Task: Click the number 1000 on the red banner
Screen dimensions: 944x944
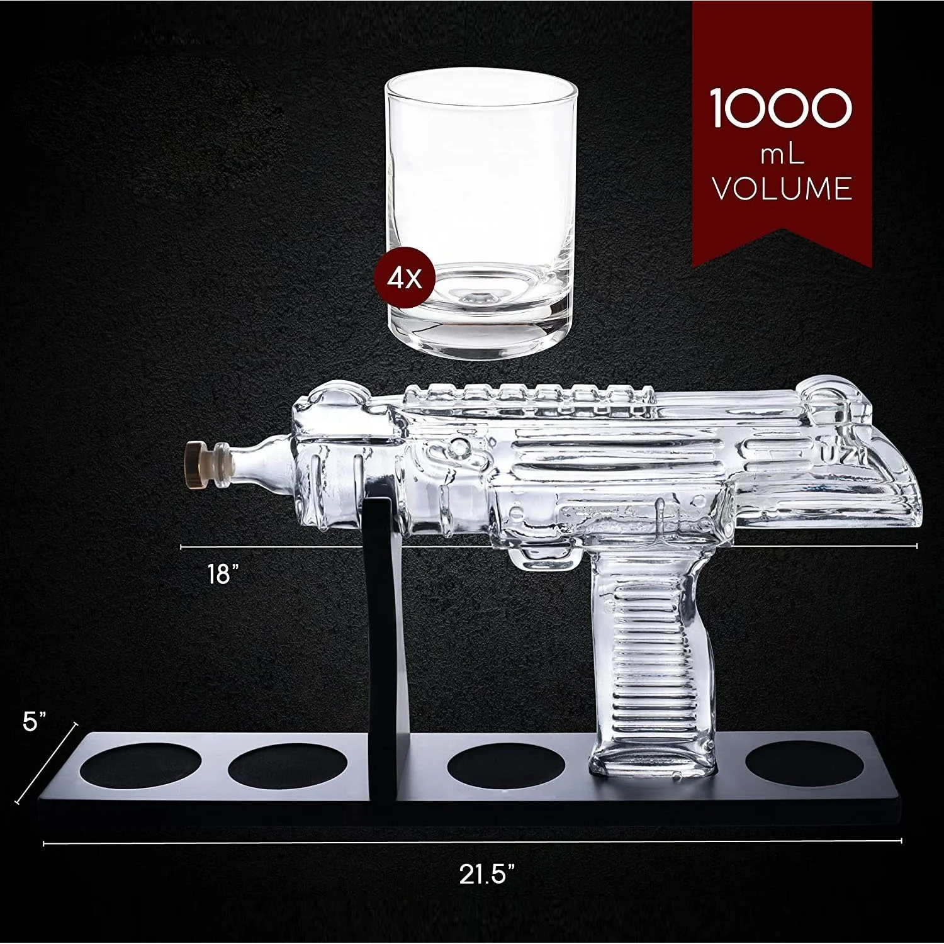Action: tap(781, 108)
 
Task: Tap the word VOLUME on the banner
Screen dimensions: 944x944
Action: tap(782, 188)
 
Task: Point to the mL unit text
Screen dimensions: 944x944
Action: tap(782, 153)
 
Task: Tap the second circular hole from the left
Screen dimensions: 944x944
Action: tap(288, 769)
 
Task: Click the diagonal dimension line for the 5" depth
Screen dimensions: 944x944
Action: tap(47, 761)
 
